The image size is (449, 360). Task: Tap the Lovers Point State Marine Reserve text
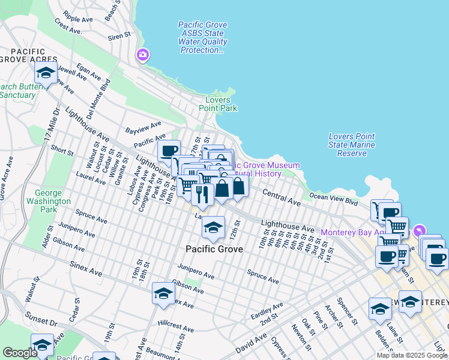click(x=352, y=145)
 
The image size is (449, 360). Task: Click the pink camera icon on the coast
click(x=143, y=55)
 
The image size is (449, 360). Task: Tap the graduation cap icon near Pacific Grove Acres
click(x=46, y=74)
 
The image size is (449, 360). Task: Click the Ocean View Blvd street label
click(x=333, y=196)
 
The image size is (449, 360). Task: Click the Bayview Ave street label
click(x=143, y=127)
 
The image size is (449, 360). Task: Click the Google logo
click(x=20, y=353)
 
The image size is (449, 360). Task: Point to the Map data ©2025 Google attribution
click(x=411, y=355)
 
